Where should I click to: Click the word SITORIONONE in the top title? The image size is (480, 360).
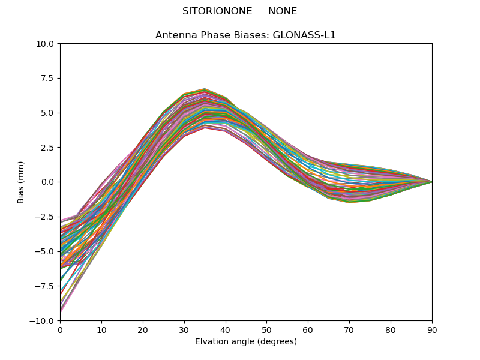217,11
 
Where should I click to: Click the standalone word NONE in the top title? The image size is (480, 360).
283,11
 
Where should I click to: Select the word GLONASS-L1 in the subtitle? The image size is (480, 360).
304,35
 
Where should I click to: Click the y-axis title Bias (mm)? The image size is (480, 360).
20,182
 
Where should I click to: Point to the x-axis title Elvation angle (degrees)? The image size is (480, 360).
246,341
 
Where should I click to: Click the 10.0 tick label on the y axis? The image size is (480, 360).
44,44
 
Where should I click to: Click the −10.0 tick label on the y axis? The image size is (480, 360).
41,321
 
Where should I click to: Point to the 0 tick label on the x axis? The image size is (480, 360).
61,331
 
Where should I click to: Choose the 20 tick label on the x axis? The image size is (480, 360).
143,331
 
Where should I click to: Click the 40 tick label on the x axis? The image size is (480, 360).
226,331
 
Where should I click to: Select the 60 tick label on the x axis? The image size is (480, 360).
308,331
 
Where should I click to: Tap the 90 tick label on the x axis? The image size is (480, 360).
432,331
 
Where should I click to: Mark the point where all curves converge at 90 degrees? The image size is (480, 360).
432,182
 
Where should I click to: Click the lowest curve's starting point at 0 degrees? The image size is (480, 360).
61,312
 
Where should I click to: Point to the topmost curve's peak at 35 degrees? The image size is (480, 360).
205,89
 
